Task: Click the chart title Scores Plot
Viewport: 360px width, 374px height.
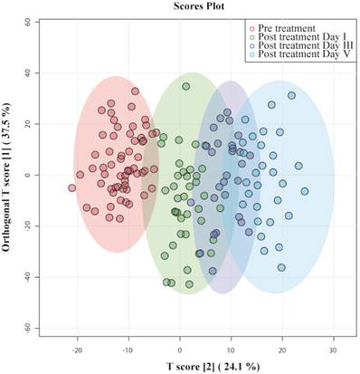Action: pyautogui.click(x=199, y=5)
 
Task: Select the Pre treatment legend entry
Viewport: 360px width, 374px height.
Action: pyautogui.click(x=283, y=28)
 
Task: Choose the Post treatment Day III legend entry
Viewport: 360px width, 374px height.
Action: pyautogui.click(x=302, y=45)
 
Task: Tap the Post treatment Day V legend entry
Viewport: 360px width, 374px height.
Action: pyautogui.click(x=300, y=54)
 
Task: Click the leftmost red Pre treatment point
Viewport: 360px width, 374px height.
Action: pyautogui.click(x=71, y=188)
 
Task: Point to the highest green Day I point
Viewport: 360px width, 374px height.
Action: pyautogui.click(x=186, y=86)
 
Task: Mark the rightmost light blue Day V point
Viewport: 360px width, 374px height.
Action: pyautogui.click(x=305, y=191)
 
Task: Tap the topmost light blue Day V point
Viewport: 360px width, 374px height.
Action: pyautogui.click(x=291, y=96)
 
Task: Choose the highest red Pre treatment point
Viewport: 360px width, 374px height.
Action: pyautogui.click(x=135, y=91)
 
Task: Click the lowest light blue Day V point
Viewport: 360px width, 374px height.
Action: pyautogui.click(x=281, y=267)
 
